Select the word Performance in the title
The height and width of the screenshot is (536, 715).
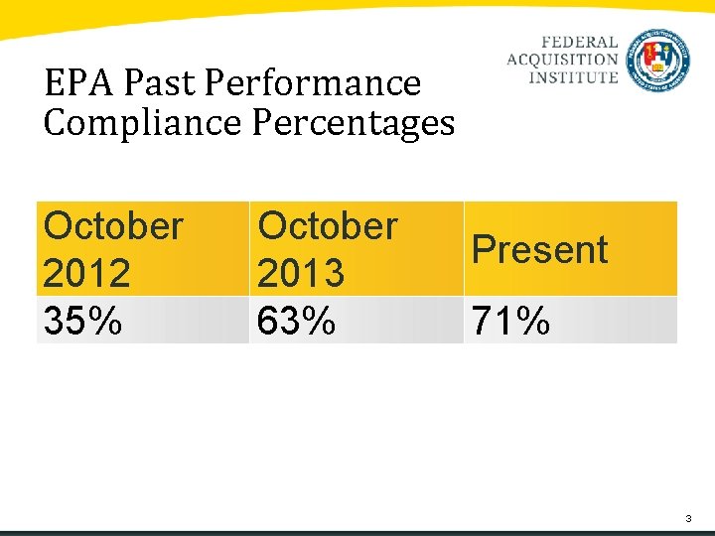[x=312, y=83]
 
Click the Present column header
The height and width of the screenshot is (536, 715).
[x=539, y=249]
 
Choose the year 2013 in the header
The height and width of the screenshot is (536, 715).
[x=300, y=272]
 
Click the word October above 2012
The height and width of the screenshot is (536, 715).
[x=113, y=226]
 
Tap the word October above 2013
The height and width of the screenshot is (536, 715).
[x=328, y=226]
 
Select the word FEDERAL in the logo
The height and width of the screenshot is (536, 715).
[x=580, y=44]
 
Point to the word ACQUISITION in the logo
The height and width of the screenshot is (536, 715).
[x=562, y=61]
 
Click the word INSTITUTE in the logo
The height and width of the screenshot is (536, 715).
[x=573, y=77]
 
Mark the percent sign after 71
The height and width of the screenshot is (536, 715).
[x=533, y=321]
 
